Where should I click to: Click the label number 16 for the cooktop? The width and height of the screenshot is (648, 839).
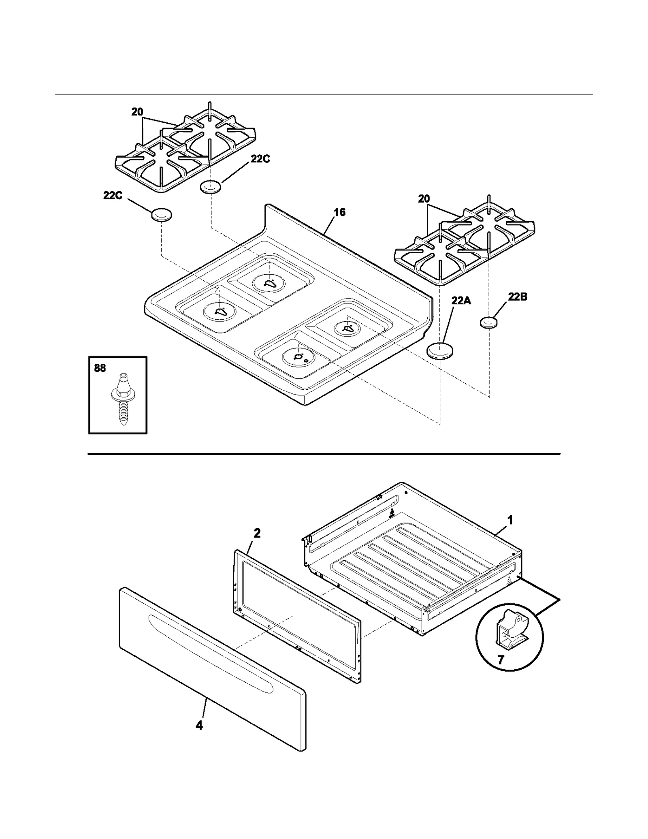coord(339,212)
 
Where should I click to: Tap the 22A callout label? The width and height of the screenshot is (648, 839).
coord(461,301)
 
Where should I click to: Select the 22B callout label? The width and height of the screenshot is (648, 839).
coord(518,297)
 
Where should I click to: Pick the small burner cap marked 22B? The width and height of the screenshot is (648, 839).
coord(489,323)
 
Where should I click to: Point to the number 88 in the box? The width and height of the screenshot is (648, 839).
coord(100,368)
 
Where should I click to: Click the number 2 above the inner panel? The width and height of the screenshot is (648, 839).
coord(257,533)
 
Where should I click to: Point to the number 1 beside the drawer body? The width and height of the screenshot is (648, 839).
coord(510,520)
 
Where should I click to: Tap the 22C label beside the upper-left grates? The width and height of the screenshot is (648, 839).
coord(260,159)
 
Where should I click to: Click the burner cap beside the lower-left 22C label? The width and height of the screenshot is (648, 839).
coord(161,215)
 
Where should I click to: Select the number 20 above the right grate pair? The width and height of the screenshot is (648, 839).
coord(424,199)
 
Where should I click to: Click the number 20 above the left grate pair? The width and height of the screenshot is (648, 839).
coord(137,112)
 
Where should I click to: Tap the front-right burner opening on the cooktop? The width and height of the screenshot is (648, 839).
coord(299,357)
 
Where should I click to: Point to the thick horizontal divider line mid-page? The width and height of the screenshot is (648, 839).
coord(324,454)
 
